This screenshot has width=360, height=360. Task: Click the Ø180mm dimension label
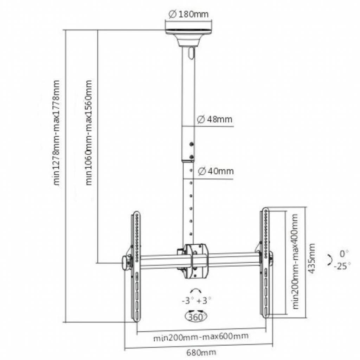(x=188, y=14)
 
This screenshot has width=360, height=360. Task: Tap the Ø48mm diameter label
(x=214, y=119)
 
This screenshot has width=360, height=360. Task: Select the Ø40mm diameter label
(x=215, y=171)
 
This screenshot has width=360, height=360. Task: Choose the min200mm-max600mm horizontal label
(x=201, y=337)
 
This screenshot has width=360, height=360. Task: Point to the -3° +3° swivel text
(x=197, y=301)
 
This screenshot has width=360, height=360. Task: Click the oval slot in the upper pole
(x=191, y=53)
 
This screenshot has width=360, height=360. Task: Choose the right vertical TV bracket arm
(x=266, y=264)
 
